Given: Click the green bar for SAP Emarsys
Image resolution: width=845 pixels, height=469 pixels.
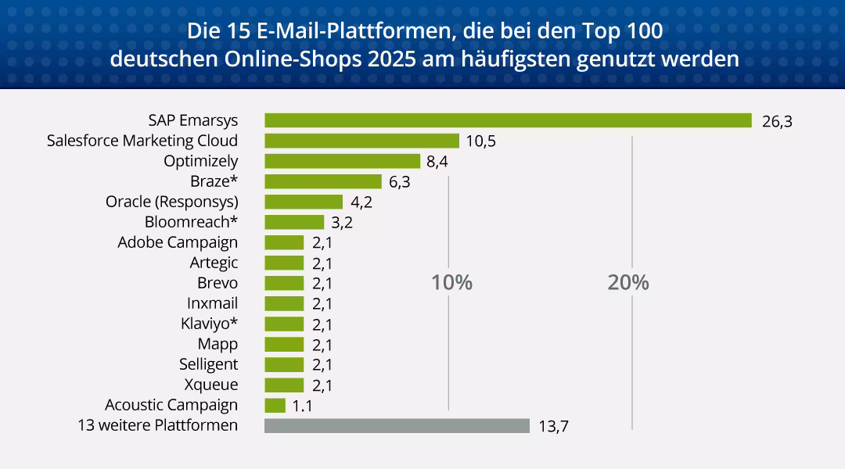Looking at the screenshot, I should pyautogui.click(x=508, y=120).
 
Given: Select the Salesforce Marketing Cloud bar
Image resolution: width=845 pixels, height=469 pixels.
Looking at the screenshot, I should pyautogui.click(x=361, y=141).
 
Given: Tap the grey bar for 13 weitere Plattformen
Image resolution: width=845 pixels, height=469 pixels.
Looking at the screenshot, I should pyautogui.click(x=397, y=426).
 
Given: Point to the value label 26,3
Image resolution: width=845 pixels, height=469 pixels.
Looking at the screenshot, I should pyautogui.click(x=777, y=121).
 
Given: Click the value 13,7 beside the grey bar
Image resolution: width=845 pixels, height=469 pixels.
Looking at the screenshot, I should pyautogui.click(x=553, y=427).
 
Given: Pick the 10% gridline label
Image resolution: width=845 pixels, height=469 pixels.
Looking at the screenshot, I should pyautogui.click(x=452, y=283).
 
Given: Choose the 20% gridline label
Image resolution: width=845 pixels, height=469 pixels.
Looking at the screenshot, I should pyautogui.click(x=628, y=283).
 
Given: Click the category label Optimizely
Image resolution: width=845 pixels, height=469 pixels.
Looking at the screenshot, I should pyautogui.click(x=200, y=161).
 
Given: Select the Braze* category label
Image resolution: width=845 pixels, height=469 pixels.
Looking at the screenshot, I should pyautogui.click(x=214, y=181).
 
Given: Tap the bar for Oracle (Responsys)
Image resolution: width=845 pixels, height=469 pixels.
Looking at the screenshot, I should pyautogui.click(x=304, y=202).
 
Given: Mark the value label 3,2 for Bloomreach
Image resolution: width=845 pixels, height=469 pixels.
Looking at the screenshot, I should pyautogui.click(x=343, y=223).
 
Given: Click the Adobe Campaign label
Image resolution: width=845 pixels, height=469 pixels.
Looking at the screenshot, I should pyautogui.click(x=178, y=242).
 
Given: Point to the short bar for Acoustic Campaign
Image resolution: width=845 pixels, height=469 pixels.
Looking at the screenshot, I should pyautogui.click(x=275, y=406).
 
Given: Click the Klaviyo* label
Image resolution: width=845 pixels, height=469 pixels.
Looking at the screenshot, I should pyautogui.click(x=209, y=324).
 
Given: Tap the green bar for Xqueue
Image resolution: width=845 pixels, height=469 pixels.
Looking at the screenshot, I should pyautogui.click(x=284, y=385).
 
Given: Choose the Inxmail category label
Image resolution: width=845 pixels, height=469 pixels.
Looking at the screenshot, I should pyautogui.click(x=212, y=303).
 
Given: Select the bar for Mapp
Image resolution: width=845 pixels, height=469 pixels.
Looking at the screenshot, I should pyautogui.click(x=284, y=345).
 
